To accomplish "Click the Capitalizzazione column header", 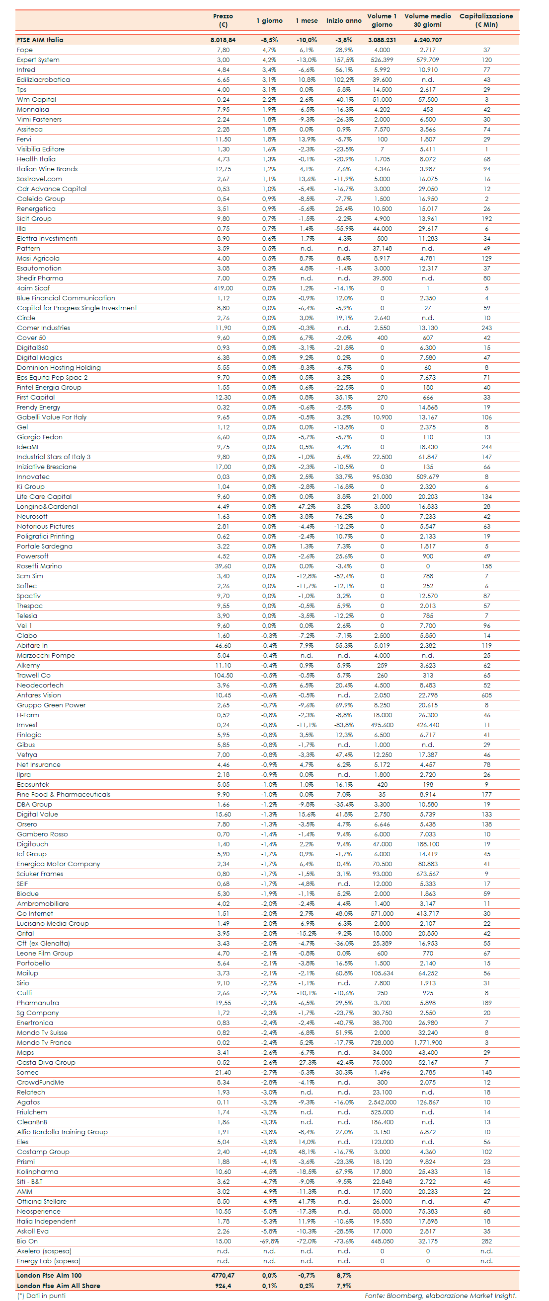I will [x=486, y=20].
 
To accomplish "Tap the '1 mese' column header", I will [x=307, y=21].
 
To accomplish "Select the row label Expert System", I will [x=38, y=60].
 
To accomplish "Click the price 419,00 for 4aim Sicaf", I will [x=223, y=288].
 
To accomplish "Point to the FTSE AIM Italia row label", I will [x=40, y=40].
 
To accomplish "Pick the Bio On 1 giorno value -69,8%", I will [x=269, y=1241].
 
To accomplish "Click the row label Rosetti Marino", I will [x=39, y=566].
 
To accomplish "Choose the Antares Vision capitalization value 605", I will [x=486, y=695].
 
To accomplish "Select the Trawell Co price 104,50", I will [x=223, y=676].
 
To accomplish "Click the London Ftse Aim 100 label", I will [x=49, y=1276].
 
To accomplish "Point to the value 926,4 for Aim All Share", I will [x=223, y=1286].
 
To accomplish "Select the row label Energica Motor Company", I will [x=58, y=864].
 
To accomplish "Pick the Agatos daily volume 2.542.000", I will [x=382, y=1102].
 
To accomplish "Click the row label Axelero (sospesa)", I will [x=44, y=1251].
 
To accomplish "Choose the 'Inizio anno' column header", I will [x=344, y=21].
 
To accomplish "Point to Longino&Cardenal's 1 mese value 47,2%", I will [x=307, y=507].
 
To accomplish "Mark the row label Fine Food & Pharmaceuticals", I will [x=63, y=795].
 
